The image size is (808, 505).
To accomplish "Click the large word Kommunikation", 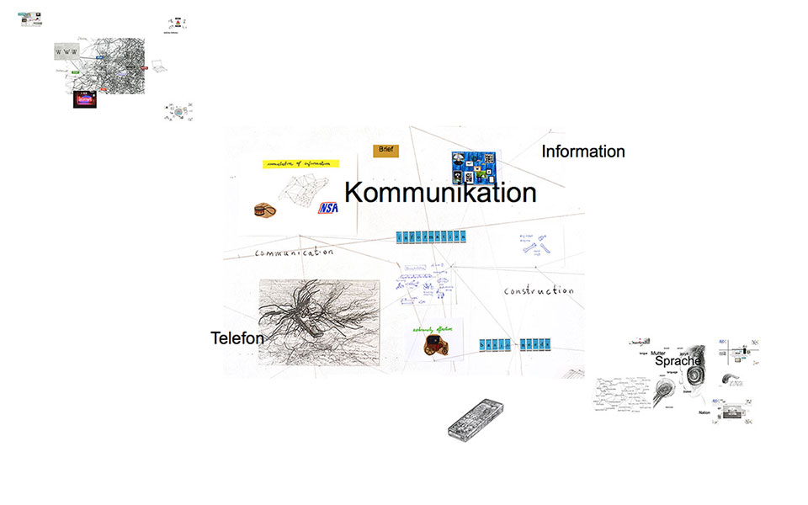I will click(x=440, y=193).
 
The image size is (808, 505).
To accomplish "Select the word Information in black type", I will click(x=582, y=151).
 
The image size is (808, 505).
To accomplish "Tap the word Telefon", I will click(x=237, y=338).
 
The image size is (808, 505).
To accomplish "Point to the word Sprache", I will click(x=678, y=360).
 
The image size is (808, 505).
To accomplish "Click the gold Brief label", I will click(x=385, y=150).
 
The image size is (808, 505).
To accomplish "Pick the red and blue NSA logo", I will click(x=327, y=208).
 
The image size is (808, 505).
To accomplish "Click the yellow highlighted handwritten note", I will click(x=300, y=163).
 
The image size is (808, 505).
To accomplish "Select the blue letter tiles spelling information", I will click(x=431, y=238).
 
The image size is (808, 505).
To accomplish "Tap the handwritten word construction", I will click(x=539, y=291).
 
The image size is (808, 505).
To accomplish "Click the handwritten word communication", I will click(x=294, y=252).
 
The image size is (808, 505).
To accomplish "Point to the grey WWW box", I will click(x=66, y=52).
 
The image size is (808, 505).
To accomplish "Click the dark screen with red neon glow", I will click(x=85, y=99).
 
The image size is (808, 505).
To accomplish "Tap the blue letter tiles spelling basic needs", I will click(x=514, y=343).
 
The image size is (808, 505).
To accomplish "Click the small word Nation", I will click(x=704, y=412).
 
